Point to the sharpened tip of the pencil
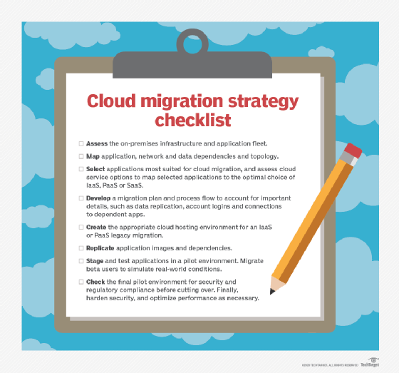coord(272,292)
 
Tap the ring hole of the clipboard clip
coord(193,43)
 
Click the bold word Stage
coord(98,261)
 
